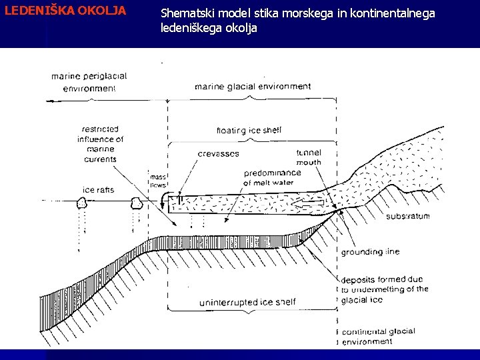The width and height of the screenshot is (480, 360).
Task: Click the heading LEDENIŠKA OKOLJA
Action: click(65, 11)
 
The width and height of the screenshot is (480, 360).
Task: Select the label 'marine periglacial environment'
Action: click(89, 82)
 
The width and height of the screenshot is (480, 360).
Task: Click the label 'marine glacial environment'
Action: click(253, 87)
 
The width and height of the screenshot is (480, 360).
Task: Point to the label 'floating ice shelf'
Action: click(249, 130)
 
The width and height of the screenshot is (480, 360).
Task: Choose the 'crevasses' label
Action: click(218, 154)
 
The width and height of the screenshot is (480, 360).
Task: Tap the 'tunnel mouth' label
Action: click(309, 157)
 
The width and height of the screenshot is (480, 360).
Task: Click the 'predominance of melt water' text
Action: click(272, 177)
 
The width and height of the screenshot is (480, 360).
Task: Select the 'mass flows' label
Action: click(158, 181)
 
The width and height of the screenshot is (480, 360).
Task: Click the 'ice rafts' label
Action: click(98, 190)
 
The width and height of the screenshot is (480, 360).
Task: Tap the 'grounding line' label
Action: click(371, 253)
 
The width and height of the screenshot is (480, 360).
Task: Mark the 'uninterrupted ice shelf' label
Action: click(247, 303)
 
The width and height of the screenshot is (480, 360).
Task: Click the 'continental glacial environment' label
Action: click(377, 336)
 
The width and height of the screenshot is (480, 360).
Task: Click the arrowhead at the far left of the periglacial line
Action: click(49, 101)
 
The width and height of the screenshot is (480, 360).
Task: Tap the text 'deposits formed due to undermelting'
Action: click(383, 289)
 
